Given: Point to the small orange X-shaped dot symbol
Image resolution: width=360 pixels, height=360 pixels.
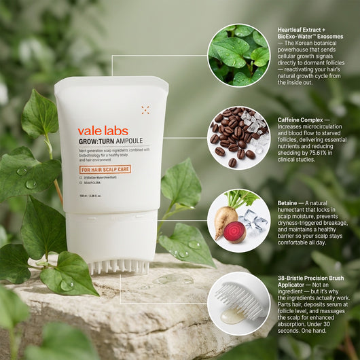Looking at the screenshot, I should pos(145,109).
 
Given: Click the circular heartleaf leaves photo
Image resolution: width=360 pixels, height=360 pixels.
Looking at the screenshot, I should pos(238,55).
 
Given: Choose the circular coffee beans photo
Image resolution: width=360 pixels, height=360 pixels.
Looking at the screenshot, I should pos(238,137).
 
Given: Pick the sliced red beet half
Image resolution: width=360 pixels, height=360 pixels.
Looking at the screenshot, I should pos(234,232).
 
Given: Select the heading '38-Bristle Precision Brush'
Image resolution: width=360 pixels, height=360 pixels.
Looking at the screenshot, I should pos(311,277).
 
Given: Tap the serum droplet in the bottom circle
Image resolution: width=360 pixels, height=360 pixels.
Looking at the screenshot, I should pos(232,316).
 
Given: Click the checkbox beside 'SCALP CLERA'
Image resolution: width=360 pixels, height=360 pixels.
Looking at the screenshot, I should pos(80,183).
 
